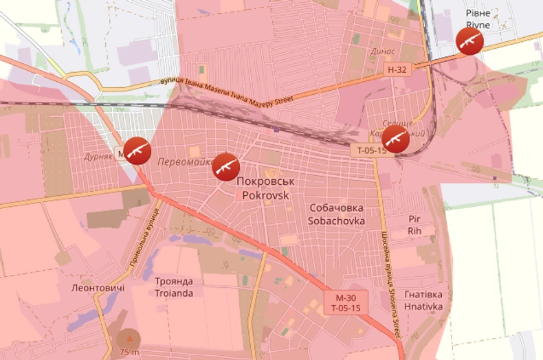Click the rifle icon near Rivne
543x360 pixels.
(470, 42)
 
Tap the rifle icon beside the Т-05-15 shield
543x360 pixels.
(395, 139)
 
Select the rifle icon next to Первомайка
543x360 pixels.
(225, 166)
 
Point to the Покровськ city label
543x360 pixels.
(265, 181)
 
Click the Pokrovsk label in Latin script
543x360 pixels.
(265, 194)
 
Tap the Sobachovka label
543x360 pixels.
(335, 221)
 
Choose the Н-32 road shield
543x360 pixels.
(397, 69)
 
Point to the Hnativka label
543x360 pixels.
(423, 306)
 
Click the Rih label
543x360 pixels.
(414, 231)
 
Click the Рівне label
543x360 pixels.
(478, 13)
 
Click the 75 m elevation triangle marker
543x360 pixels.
(128, 337)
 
